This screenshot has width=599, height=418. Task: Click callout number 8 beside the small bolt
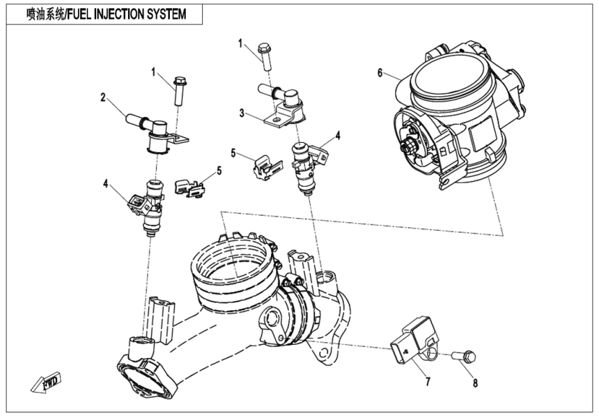tap(476, 382)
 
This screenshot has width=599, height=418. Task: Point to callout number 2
tap(103, 98)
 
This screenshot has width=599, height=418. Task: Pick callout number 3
tap(242, 111)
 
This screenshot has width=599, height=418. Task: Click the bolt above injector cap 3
tap(265, 56)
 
